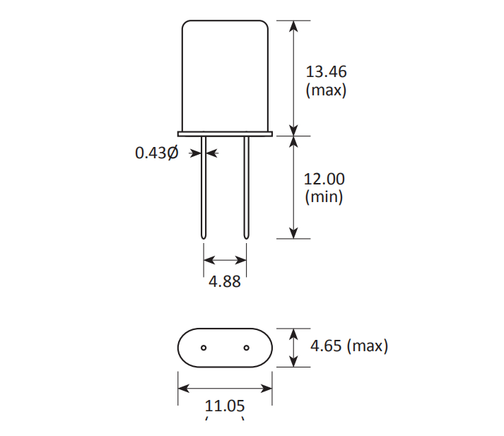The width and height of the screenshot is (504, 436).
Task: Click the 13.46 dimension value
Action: point(326,71)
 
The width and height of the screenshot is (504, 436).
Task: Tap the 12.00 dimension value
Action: point(324,179)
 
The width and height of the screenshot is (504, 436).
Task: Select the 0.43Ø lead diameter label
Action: point(156,153)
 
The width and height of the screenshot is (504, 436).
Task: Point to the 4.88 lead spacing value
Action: point(225,281)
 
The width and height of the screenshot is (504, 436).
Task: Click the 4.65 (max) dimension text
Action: point(349,346)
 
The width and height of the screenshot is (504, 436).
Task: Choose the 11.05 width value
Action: point(225,406)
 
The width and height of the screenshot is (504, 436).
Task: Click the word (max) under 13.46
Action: point(326,90)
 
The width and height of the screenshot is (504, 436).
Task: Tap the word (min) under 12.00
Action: point(324,197)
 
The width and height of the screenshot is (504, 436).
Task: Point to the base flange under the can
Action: point(225,133)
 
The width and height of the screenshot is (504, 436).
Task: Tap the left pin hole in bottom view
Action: point(204,348)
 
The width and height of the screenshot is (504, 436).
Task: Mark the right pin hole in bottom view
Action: point(246,348)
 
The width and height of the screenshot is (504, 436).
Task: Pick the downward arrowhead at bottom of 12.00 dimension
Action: point(294,232)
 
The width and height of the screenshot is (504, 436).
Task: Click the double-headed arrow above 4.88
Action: point(225,261)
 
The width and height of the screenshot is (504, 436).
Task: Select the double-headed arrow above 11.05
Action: point(225,388)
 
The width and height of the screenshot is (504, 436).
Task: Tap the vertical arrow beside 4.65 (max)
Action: point(294,347)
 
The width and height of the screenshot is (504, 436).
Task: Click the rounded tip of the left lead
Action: point(204,236)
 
